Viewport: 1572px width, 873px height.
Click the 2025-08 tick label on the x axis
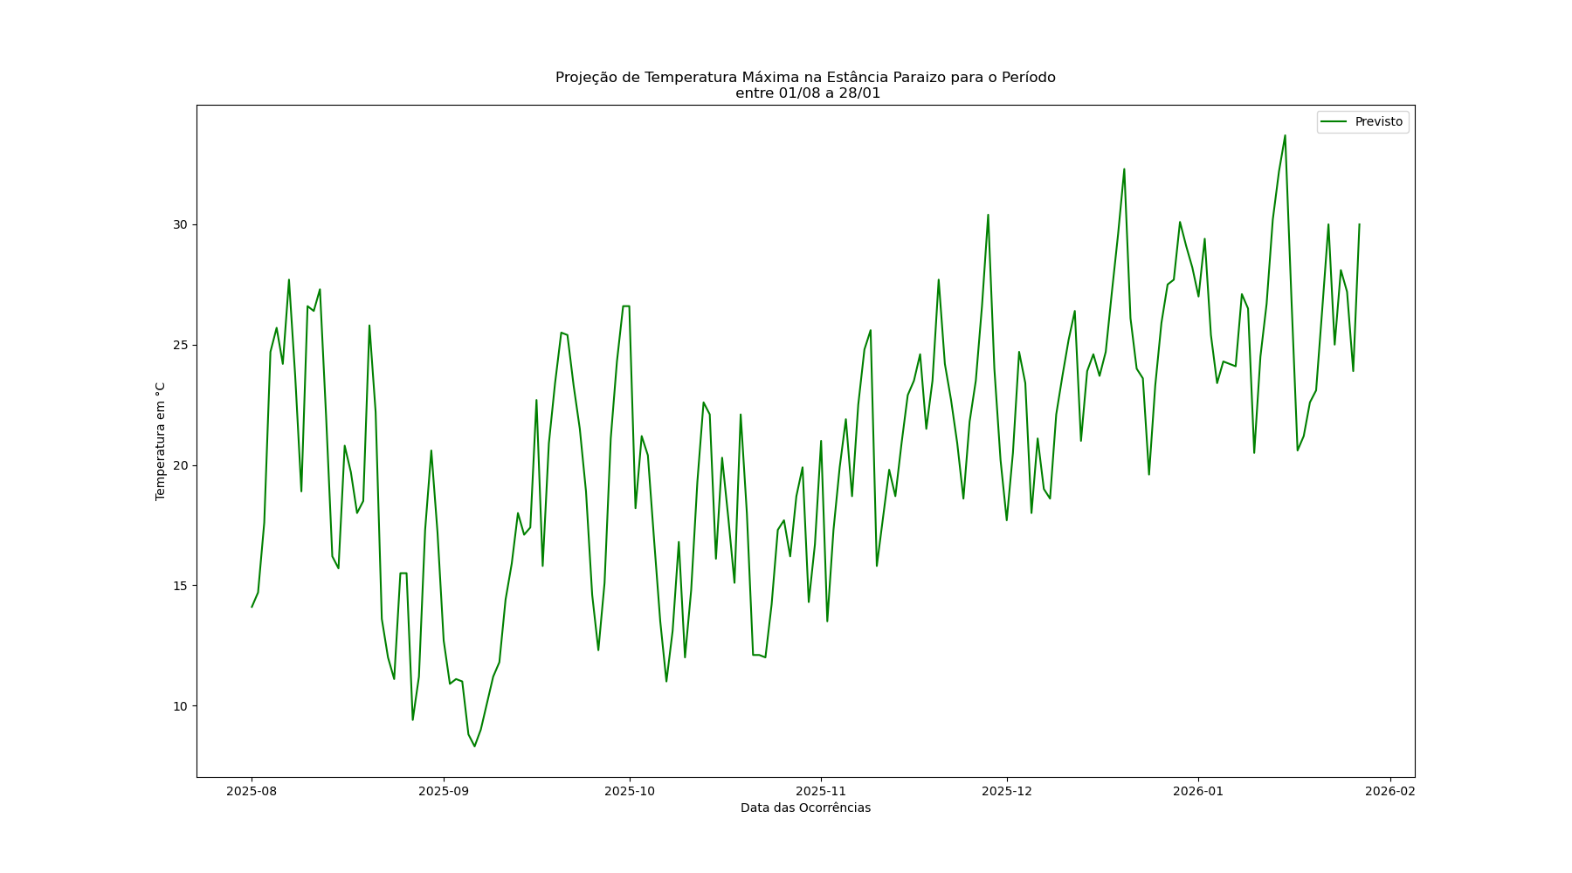point(252,792)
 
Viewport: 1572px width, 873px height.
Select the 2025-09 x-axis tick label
point(444,792)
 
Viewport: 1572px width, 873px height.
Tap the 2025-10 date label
point(629,792)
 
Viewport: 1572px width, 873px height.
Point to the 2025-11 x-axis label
point(821,792)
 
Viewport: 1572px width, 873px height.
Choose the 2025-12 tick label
point(1007,792)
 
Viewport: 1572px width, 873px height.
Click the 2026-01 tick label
point(1198,792)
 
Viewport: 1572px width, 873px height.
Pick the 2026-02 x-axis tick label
point(1389,792)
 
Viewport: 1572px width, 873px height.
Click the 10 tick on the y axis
point(181,706)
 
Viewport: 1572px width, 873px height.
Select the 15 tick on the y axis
point(181,586)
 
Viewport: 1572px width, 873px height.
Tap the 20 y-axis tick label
point(181,465)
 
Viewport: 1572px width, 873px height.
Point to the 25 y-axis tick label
point(181,345)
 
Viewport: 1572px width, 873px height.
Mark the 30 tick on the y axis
point(181,224)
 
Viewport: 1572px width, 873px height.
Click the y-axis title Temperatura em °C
point(161,441)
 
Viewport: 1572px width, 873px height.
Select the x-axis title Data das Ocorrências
point(805,808)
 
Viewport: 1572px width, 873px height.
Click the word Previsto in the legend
point(1378,122)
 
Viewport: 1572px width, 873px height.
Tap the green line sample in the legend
point(1334,122)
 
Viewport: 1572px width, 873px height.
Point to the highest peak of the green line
point(1285,135)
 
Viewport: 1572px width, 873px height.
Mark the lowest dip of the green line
point(474,746)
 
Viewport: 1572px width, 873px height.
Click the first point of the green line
point(252,607)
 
